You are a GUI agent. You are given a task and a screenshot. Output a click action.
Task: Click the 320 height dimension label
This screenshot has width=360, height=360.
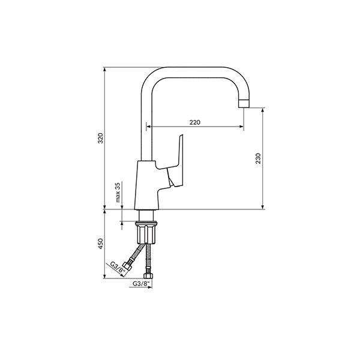click(101, 138)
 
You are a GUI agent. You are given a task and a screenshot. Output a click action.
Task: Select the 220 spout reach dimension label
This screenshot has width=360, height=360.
click(194, 122)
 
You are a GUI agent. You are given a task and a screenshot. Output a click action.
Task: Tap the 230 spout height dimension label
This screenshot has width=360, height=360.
click(258, 158)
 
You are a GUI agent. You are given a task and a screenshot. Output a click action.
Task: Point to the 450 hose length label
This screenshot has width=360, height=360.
click(101, 244)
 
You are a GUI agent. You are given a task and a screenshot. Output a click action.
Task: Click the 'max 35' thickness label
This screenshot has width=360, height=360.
click(118, 193)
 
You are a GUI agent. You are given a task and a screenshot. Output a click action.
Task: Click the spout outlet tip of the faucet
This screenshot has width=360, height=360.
click(244, 104)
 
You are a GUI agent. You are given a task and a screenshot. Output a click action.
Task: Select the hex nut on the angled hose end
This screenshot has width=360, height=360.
click(127, 266)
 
